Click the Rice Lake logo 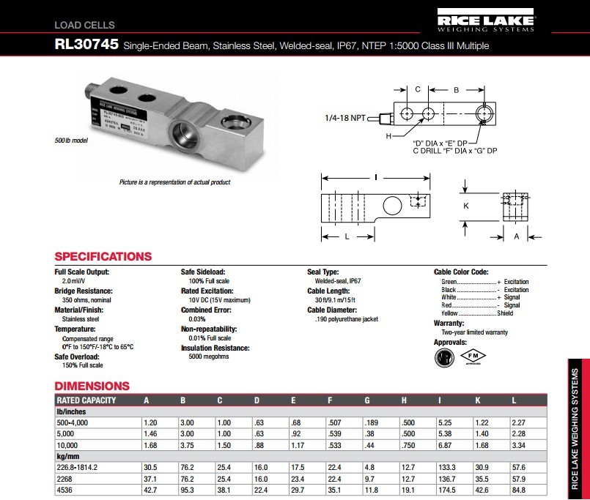[x=487, y=20]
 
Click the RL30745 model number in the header [x=86, y=45]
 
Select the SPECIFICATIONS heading [x=103, y=257]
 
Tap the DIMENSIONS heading [x=92, y=386]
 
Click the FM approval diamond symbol [x=473, y=356]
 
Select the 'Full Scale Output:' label [x=81, y=272]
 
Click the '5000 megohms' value [x=205, y=357]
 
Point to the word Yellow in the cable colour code [x=449, y=313]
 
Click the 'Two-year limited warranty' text [x=474, y=332]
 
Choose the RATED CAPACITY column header [x=86, y=400]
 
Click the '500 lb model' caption [x=70, y=140]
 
